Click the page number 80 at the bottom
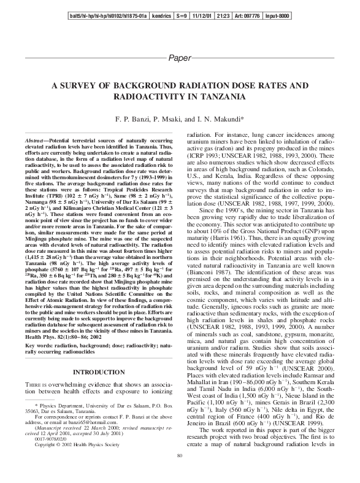180,472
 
